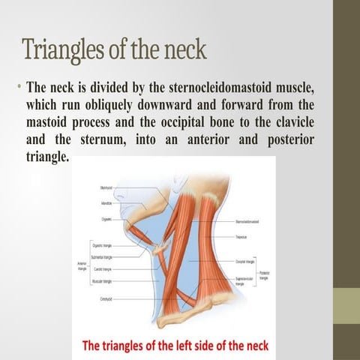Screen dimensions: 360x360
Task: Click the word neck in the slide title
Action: [182, 50]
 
